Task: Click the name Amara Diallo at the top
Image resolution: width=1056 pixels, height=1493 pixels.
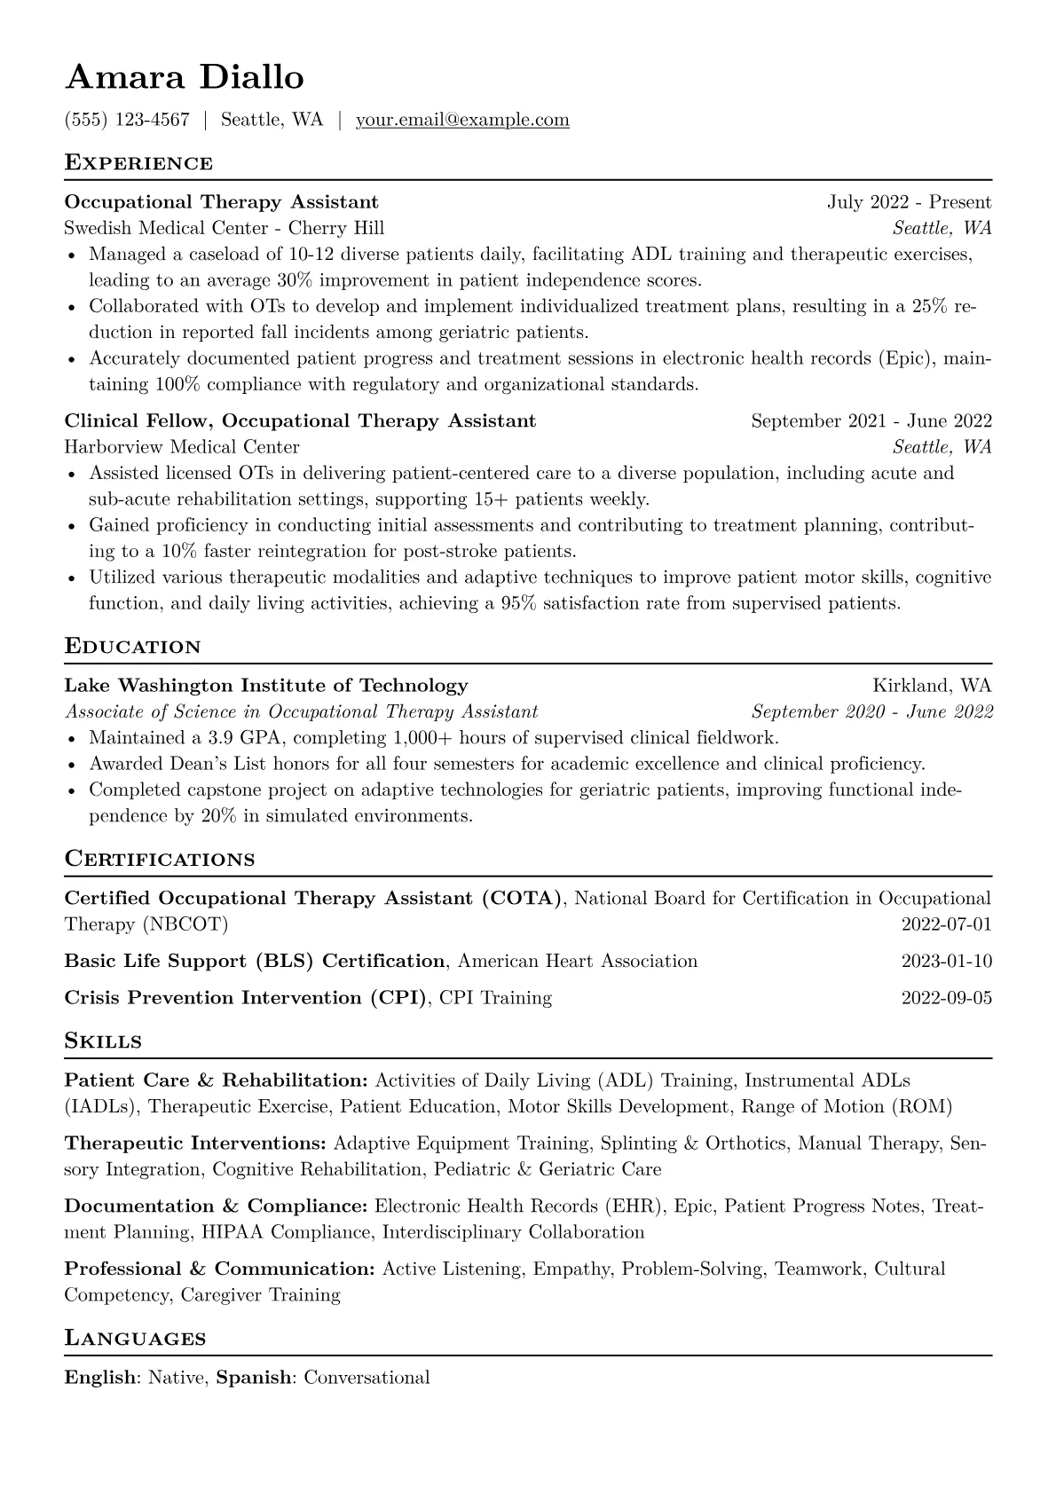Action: [185, 78]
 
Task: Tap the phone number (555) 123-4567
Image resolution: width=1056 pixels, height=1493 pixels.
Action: [127, 120]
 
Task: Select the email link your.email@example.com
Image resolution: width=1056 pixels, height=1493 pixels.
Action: [462, 120]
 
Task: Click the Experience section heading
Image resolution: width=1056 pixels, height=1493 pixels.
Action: [138, 163]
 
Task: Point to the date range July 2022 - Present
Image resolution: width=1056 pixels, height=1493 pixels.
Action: [909, 202]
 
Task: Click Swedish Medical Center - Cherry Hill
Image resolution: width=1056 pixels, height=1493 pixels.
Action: [225, 228]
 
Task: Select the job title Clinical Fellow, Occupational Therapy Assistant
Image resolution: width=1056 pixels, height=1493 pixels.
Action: [300, 420]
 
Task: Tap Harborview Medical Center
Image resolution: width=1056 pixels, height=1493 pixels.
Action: [182, 447]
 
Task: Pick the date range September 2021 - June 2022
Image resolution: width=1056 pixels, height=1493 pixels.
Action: [871, 420]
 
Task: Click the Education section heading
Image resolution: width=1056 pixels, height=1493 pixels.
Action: [133, 647]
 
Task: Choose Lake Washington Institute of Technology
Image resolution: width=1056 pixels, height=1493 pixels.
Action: [266, 686]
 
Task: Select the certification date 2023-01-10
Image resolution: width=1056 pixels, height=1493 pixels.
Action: [946, 962]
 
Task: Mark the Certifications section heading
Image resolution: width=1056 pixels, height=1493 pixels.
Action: [160, 860]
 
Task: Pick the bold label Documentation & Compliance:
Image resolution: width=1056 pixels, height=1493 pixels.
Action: [216, 1206]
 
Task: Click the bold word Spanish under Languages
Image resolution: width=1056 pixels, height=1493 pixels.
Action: [254, 1378]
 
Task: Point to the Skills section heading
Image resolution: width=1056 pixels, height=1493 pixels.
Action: [104, 1041]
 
